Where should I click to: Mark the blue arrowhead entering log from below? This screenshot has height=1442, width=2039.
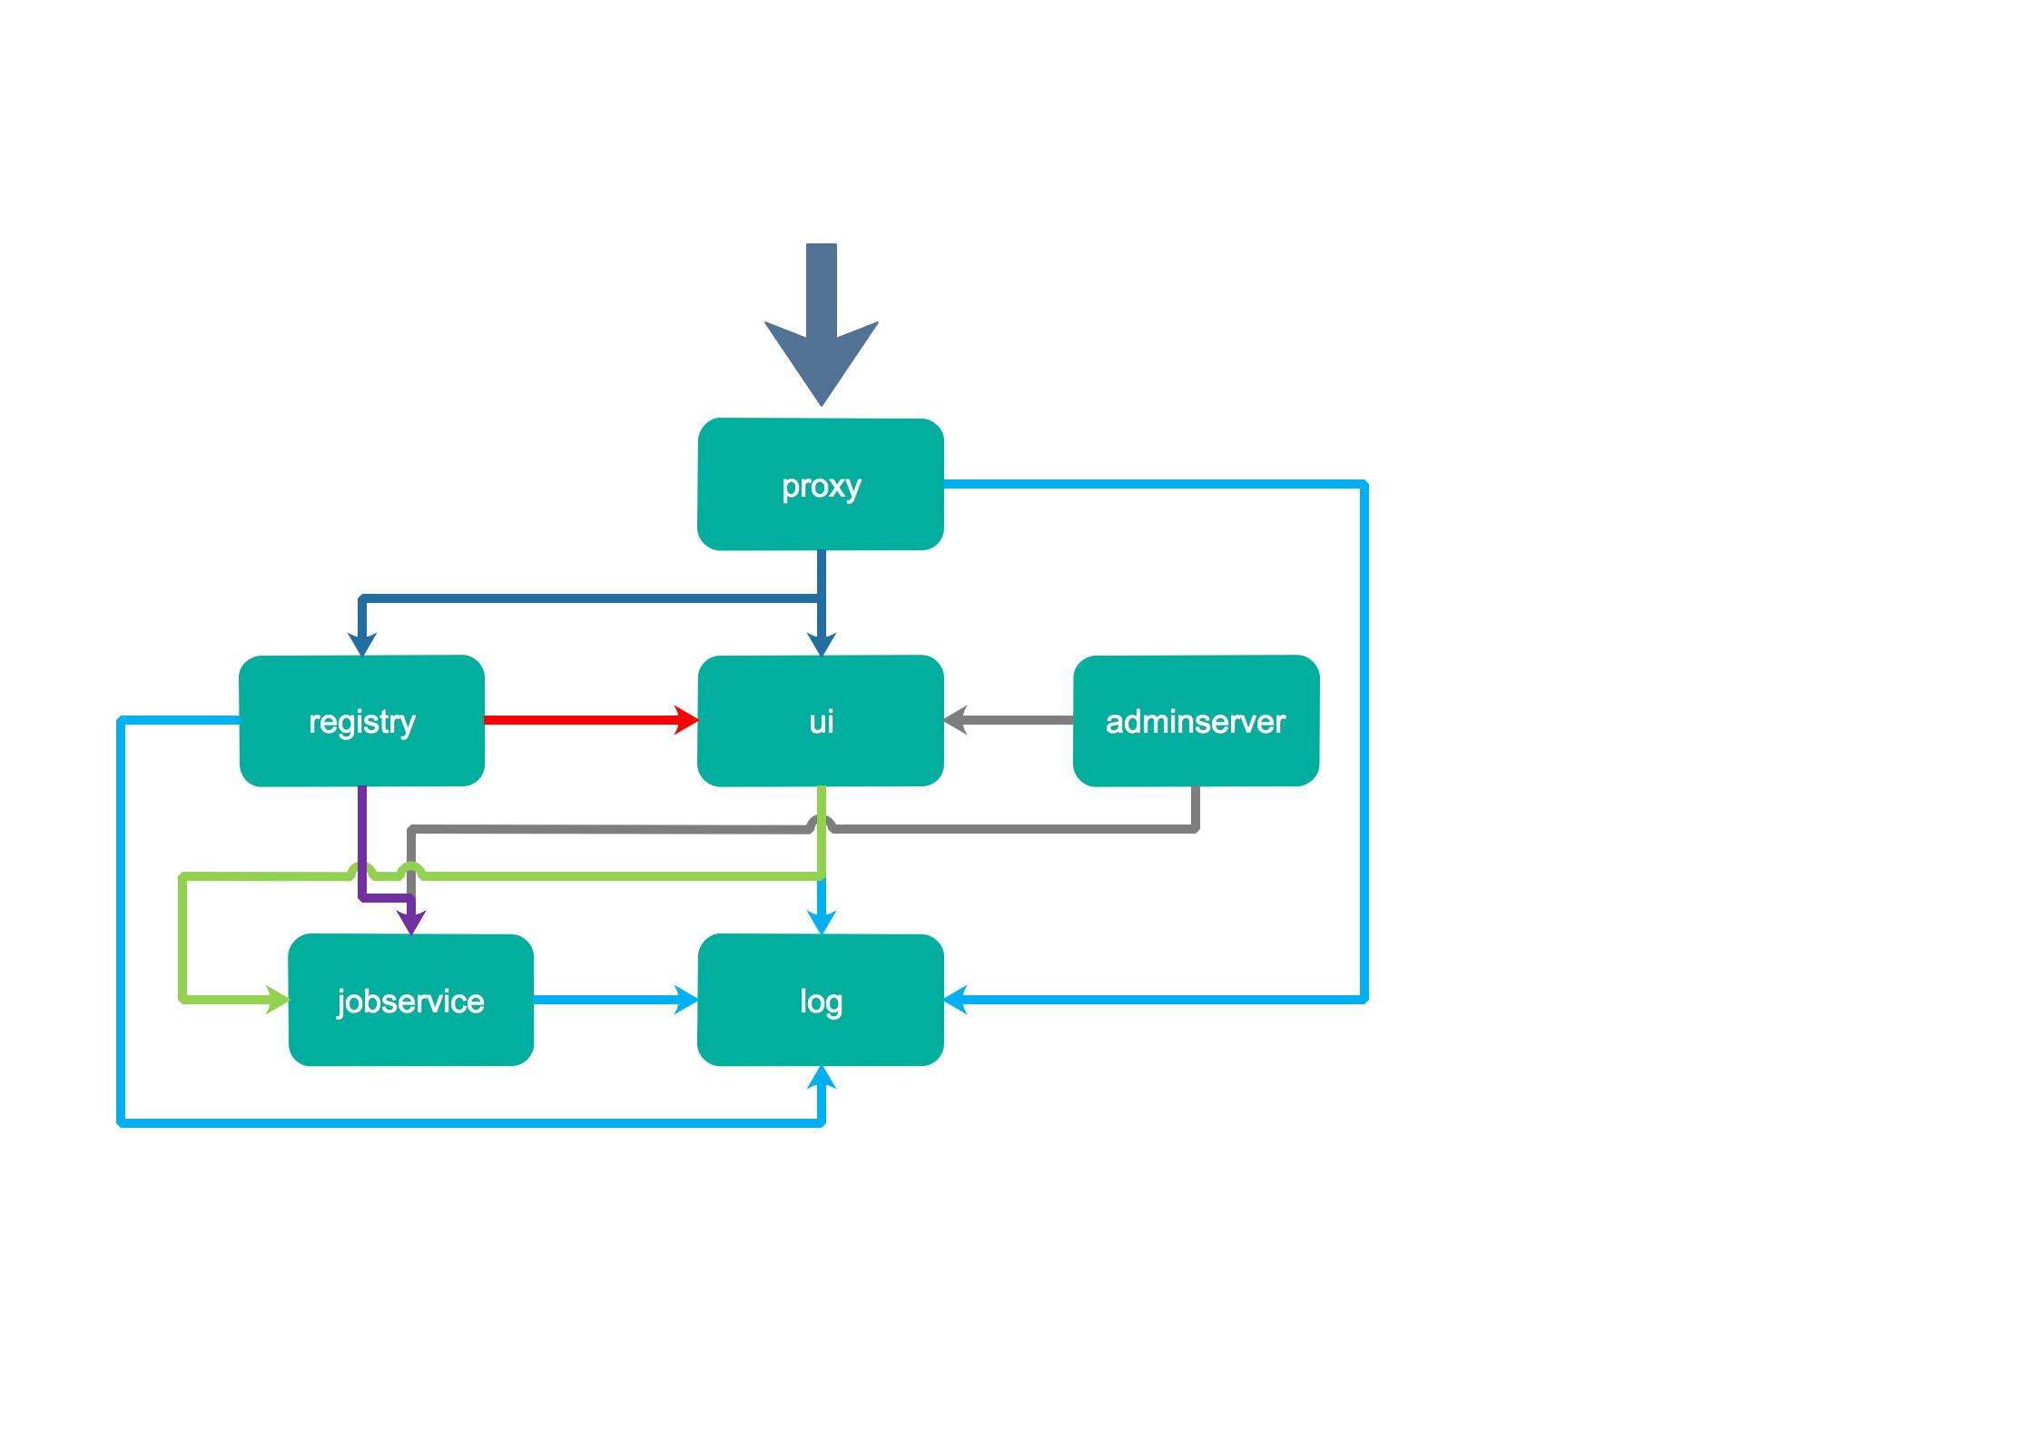tap(822, 1079)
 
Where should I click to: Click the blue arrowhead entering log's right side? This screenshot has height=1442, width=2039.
tap(957, 1000)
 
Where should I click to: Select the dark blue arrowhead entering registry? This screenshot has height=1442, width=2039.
tap(361, 643)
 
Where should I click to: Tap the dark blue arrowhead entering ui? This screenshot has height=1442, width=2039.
tap(822, 643)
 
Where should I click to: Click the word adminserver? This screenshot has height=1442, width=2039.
tap(1196, 722)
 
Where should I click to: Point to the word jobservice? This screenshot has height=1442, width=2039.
tap(410, 1002)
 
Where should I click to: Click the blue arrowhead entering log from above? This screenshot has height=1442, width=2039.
tap(822, 921)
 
